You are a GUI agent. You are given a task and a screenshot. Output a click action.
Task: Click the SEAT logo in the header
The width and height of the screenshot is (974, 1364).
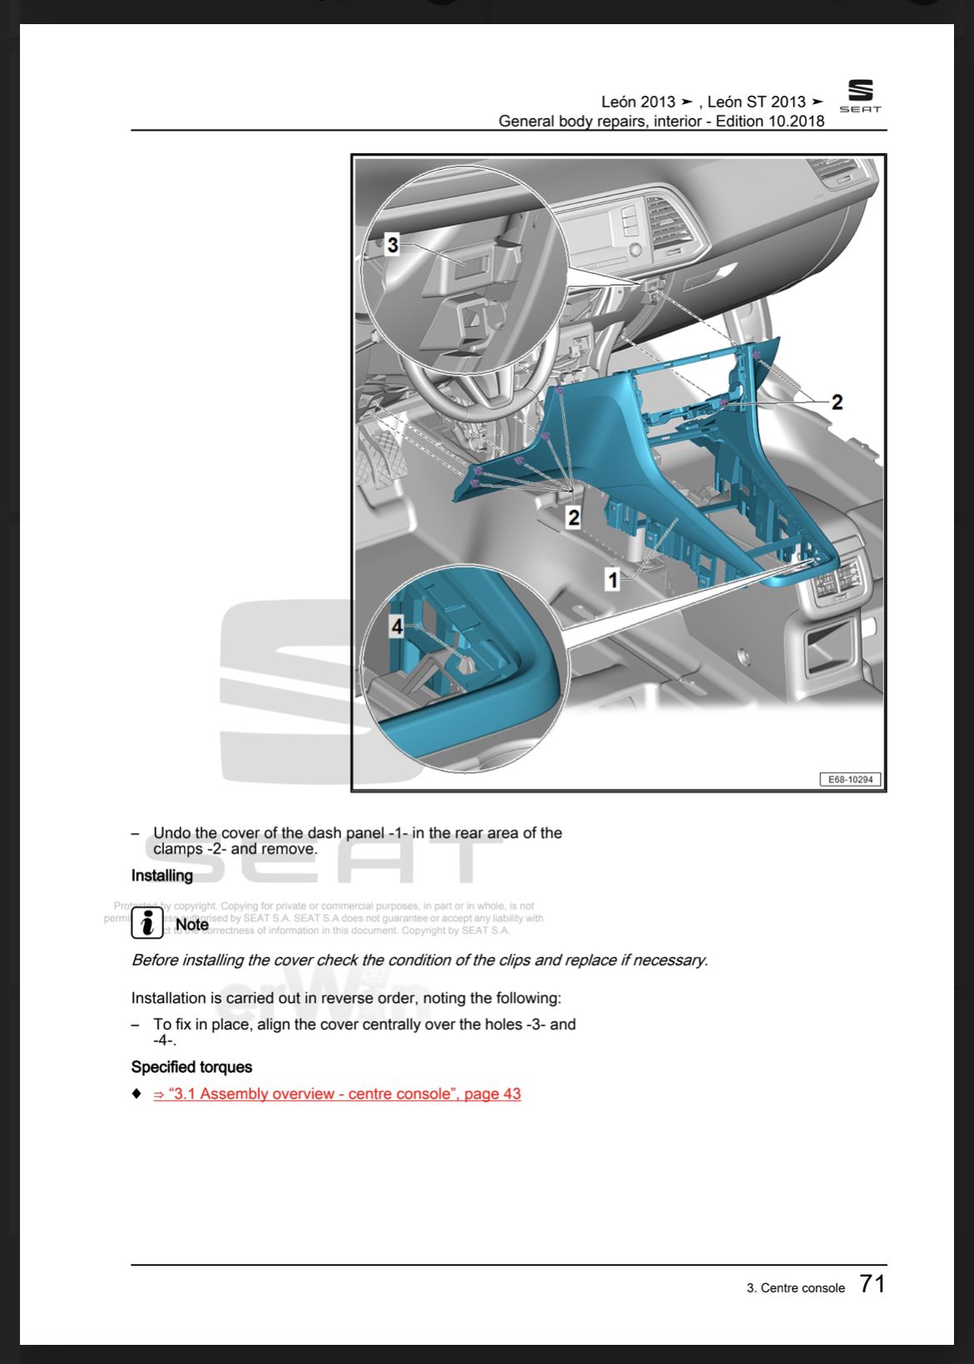pos(860,96)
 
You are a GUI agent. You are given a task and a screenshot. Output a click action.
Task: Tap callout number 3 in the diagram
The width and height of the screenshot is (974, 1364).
pos(393,245)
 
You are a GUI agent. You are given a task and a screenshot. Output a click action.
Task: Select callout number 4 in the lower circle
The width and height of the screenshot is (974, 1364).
pos(397,626)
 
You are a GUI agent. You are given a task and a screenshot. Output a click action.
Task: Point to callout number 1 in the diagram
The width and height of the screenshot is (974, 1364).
pos(613,579)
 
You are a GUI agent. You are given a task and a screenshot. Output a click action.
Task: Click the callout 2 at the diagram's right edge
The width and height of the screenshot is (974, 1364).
pos(837,402)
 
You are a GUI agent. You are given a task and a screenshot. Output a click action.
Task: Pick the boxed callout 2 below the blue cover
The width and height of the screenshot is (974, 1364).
pos(573,517)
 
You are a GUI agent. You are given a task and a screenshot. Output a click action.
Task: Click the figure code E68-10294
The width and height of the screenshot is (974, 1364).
pos(851,779)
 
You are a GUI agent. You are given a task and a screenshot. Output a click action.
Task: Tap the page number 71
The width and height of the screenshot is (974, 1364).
pos(872,1284)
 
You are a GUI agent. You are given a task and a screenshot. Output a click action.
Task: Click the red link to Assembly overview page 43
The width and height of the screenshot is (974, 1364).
pos(337,1094)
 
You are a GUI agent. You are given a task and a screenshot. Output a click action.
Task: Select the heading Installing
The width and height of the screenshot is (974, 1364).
pos(162,875)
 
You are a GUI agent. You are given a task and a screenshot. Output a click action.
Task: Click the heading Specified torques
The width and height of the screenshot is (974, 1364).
pos(191,1067)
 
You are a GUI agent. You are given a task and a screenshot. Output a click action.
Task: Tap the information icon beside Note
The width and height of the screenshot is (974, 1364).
pos(147,923)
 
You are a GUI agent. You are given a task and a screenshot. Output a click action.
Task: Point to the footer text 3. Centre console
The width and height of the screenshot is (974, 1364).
pos(795,1287)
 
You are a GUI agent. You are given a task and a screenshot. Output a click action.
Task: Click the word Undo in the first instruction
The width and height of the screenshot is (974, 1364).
pos(171,833)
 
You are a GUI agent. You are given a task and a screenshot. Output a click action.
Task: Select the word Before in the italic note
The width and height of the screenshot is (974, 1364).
pos(155,960)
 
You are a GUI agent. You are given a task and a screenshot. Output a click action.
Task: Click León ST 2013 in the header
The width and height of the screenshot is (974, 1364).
pos(757,102)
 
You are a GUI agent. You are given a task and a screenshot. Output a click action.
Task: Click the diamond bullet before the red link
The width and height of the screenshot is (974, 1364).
pos(137,1094)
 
